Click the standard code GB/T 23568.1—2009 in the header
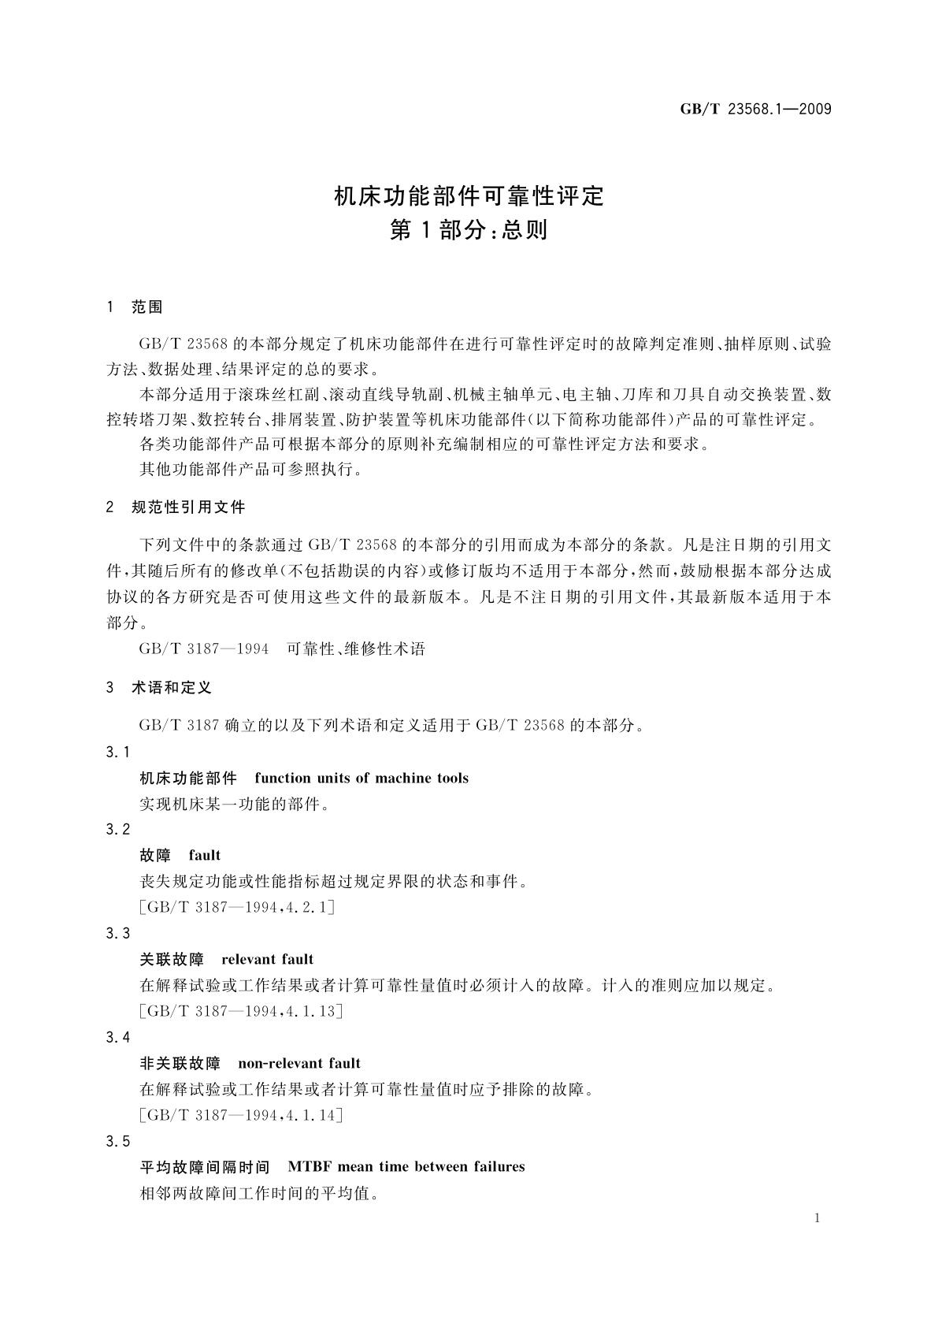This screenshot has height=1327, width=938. click(755, 109)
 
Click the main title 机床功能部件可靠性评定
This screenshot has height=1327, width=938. click(469, 195)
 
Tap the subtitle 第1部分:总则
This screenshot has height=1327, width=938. click(469, 231)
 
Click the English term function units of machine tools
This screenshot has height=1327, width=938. click(361, 779)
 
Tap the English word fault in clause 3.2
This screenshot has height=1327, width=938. click(205, 856)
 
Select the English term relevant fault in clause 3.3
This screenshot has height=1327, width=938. click(268, 960)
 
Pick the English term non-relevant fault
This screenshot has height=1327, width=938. click(299, 1064)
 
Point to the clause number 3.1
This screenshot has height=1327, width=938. click(118, 753)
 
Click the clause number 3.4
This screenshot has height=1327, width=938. click(118, 1038)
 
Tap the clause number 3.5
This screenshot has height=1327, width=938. click(118, 1142)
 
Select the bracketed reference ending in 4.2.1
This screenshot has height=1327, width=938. click(236, 907)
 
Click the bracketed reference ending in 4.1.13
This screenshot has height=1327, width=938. click(240, 1011)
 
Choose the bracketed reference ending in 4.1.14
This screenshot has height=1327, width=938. click(240, 1115)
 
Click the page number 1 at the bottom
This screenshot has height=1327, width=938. click(818, 1218)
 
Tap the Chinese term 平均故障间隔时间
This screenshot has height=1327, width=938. click(204, 1167)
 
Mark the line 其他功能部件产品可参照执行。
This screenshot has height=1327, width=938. click(251, 470)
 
